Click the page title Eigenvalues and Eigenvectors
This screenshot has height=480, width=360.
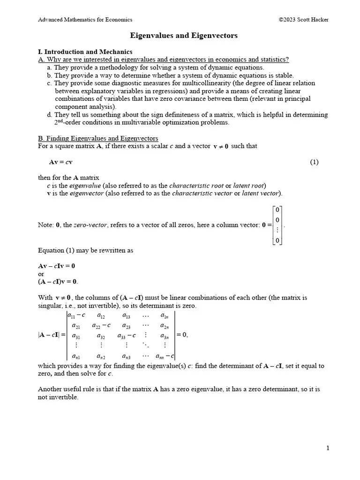(x=184, y=36)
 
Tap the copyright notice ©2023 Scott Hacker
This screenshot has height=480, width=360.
(x=303, y=20)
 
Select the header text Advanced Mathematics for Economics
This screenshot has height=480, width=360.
(x=85, y=20)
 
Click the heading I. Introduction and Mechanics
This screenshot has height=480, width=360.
(x=85, y=52)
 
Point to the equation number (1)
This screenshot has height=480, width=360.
(x=314, y=162)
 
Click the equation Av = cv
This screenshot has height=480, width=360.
(x=60, y=162)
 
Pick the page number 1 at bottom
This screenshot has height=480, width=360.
(x=328, y=448)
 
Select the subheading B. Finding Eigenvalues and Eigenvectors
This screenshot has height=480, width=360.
(x=98, y=138)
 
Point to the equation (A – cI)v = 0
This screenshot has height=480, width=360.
(x=58, y=281)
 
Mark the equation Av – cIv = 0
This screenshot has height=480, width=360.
(x=56, y=266)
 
